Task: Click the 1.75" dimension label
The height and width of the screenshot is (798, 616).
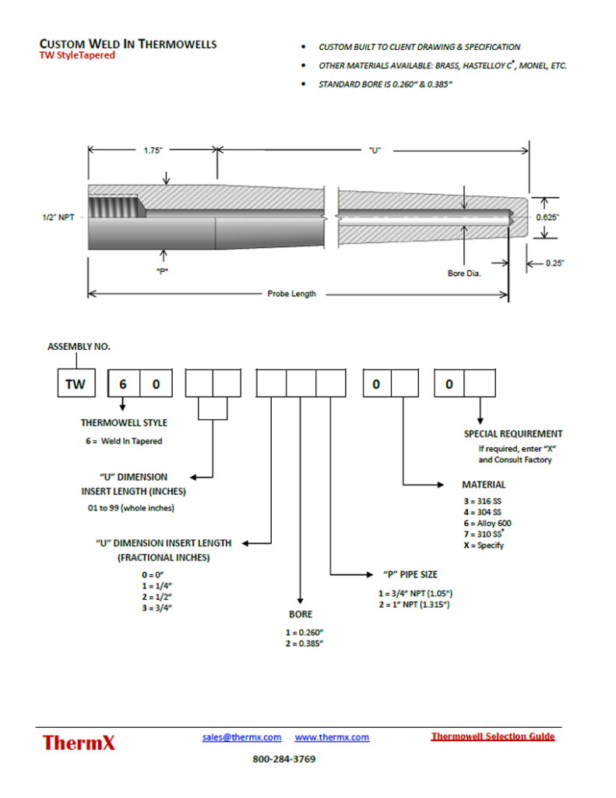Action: (x=152, y=150)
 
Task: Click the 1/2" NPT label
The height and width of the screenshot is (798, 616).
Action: (x=58, y=218)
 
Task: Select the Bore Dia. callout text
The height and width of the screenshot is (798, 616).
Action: (x=464, y=274)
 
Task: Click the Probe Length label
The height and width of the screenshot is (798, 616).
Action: (x=291, y=294)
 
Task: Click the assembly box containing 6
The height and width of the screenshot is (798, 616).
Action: (x=121, y=384)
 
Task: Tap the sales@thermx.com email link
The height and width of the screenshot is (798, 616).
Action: (x=241, y=737)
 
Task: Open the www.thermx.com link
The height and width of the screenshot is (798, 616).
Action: (x=332, y=737)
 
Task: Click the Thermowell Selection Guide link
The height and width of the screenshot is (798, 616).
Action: (x=492, y=736)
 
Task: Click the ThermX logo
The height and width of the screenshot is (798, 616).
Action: (x=79, y=742)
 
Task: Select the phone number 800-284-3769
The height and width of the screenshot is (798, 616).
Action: (x=284, y=758)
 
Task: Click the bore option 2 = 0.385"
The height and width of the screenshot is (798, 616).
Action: (x=304, y=643)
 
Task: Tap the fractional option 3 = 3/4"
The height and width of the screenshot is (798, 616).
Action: (x=151, y=606)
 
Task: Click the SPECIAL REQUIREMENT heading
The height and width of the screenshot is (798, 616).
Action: (x=513, y=434)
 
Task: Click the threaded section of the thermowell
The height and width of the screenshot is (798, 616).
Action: (x=114, y=208)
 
